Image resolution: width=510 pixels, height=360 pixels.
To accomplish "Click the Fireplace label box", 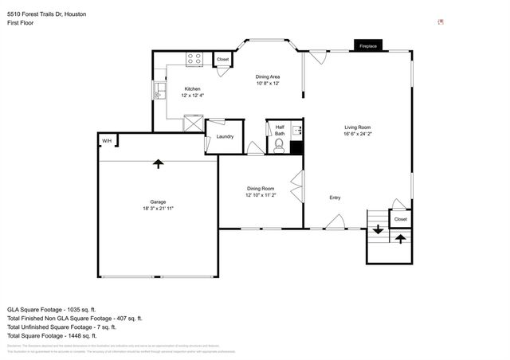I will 367,45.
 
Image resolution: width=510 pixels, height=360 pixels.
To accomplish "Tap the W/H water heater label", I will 106,141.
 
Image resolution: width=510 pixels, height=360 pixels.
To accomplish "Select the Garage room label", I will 158,202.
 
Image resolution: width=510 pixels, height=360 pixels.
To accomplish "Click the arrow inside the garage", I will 158,163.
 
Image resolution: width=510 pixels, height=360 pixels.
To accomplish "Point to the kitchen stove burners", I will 194,59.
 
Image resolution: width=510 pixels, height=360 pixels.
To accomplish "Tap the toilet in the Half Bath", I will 280,146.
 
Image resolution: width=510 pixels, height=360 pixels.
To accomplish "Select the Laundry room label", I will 225,136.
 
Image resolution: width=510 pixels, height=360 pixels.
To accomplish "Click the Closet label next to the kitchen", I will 223,60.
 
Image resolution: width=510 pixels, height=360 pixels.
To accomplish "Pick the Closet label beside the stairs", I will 401,219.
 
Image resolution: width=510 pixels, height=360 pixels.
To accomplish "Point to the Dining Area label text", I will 268,76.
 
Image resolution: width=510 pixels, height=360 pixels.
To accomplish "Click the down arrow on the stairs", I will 378,229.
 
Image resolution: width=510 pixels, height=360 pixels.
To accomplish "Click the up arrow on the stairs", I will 401,237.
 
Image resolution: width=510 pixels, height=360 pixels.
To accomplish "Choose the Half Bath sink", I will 296,131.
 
